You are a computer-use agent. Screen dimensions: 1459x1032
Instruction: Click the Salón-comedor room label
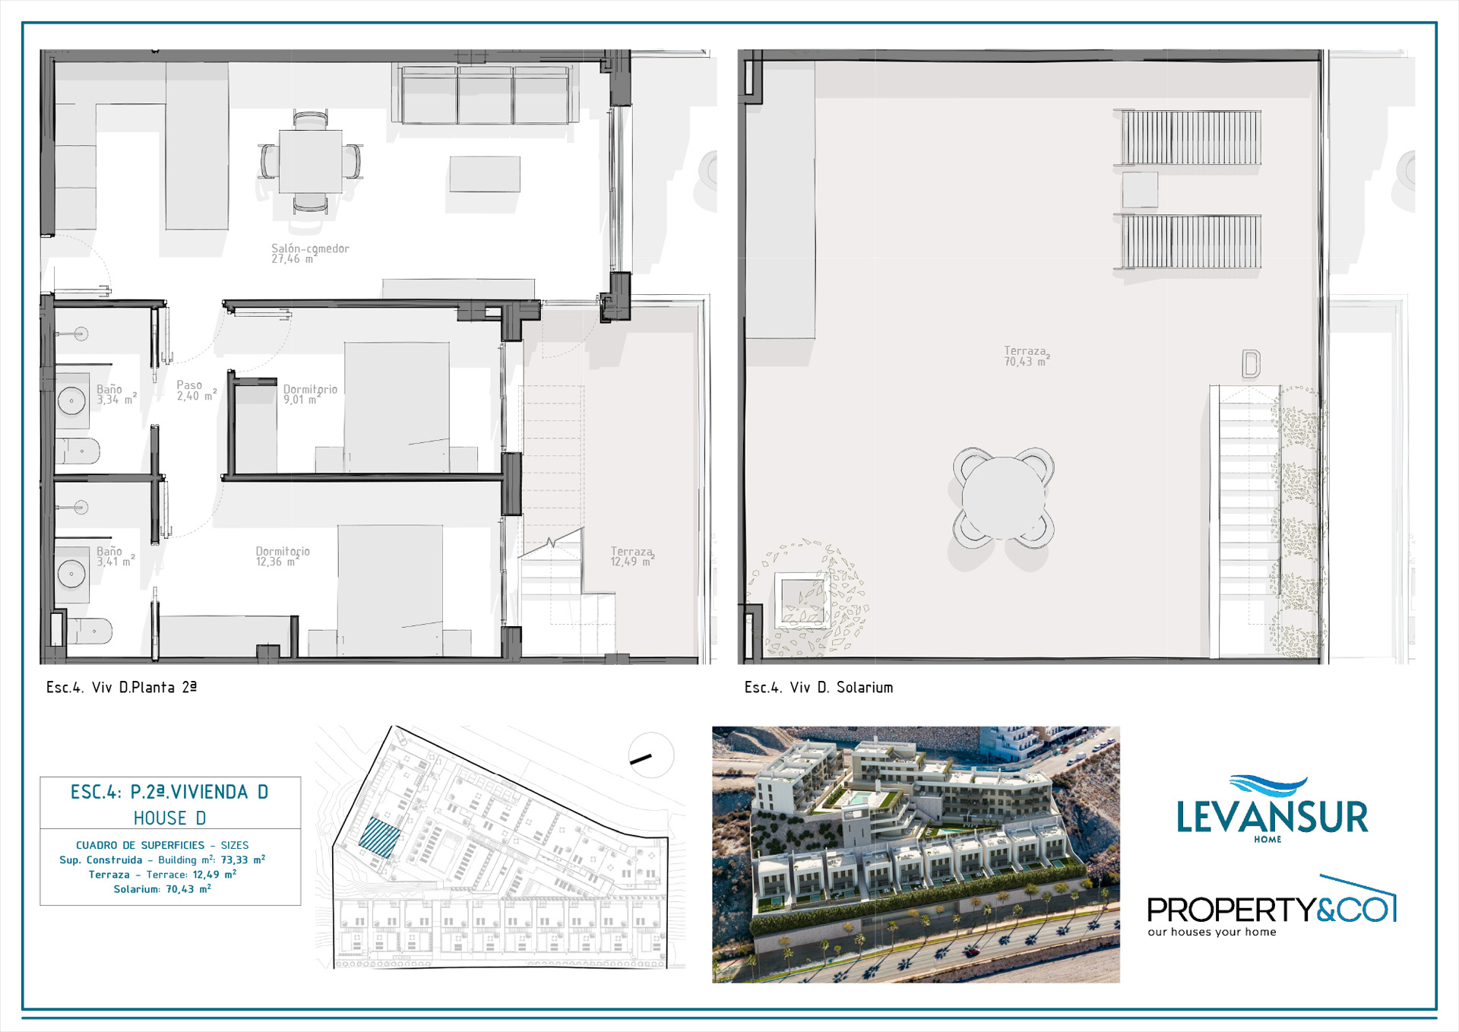tap(310, 254)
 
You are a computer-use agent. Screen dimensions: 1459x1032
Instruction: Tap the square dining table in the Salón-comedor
tap(310, 161)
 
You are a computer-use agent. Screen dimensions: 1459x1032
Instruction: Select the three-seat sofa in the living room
tap(485, 94)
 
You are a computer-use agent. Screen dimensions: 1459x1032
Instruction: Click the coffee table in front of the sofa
tap(485, 174)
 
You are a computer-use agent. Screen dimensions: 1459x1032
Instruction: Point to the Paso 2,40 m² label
tap(197, 391)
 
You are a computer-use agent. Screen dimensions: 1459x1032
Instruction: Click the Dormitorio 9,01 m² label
tap(310, 394)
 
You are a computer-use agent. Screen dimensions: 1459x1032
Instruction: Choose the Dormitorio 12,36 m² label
tap(282, 556)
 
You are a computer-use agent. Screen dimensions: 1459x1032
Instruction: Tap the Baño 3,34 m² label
tap(116, 394)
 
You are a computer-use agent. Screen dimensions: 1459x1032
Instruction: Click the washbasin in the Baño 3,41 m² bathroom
tap(71, 575)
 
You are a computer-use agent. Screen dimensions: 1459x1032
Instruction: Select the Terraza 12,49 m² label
tap(632, 556)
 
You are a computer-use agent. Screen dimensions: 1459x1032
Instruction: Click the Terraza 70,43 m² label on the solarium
tap(1027, 356)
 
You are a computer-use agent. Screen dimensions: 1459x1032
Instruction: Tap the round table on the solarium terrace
tap(1003, 497)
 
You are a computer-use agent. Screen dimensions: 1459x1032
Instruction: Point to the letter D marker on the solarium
tap(1251, 364)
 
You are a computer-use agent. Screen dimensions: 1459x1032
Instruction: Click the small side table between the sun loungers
tap(1140, 189)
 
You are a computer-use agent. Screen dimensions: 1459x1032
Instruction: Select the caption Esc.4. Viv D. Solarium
tap(818, 687)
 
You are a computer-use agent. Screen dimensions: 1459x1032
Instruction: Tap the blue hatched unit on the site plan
tap(380, 837)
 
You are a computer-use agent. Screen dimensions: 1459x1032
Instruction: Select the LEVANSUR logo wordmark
tap(1272, 817)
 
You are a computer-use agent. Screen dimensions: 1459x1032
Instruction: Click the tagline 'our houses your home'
tap(1212, 932)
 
